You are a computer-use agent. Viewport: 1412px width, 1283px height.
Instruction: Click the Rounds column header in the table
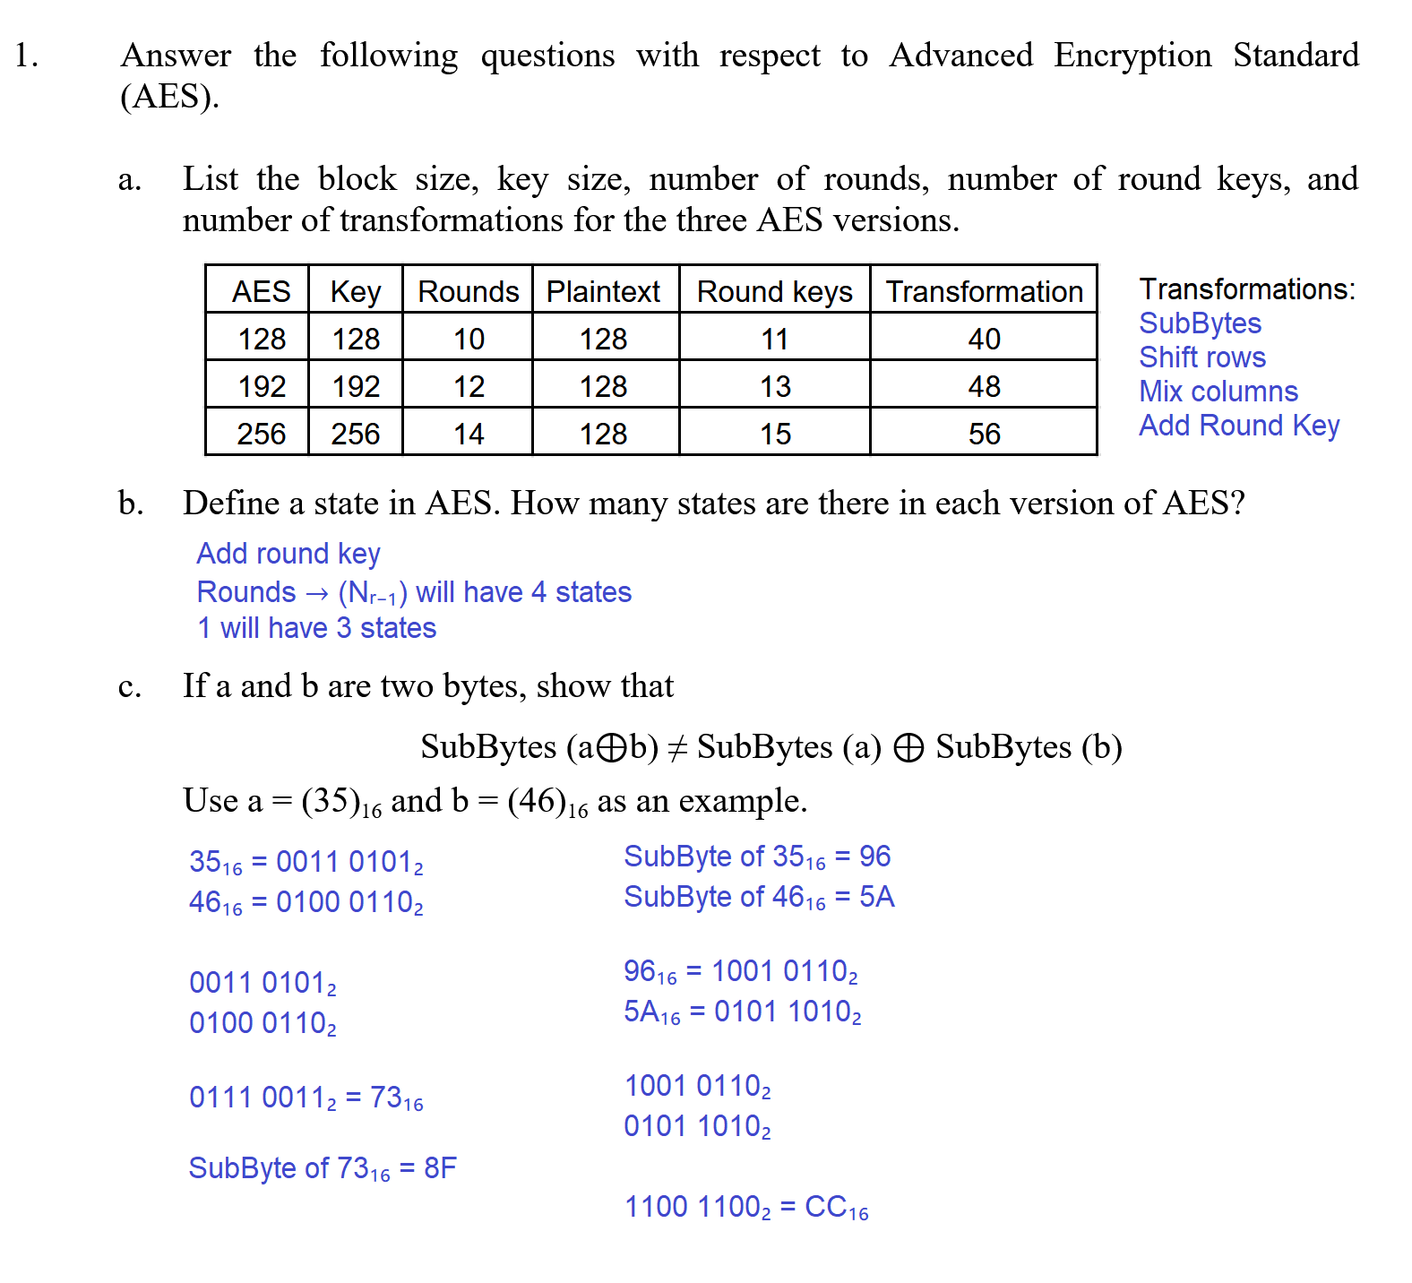[x=468, y=291]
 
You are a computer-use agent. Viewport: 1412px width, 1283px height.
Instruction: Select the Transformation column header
[x=984, y=291]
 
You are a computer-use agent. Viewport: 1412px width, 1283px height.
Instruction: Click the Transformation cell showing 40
[x=984, y=339]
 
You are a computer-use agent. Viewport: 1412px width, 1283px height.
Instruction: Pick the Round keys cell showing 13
[x=775, y=386]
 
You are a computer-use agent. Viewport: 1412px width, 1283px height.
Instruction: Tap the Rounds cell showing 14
[x=468, y=434]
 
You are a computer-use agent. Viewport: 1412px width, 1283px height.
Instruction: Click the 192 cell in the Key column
[x=356, y=386]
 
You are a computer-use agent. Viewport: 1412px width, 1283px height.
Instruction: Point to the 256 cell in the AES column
[x=261, y=434]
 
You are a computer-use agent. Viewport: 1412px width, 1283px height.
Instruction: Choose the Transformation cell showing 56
[x=984, y=434]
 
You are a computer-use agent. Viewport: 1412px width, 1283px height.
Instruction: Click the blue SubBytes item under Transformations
[x=1200, y=323]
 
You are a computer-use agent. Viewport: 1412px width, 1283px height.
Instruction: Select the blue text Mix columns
[x=1218, y=392]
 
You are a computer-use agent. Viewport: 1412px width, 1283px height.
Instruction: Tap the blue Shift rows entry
[x=1201, y=357]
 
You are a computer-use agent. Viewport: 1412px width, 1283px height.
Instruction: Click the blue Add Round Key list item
[x=1238, y=426]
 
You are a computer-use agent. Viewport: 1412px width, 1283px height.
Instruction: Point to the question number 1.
[x=26, y=56]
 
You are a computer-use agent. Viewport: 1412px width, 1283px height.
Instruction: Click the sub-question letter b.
[x=131, y=504]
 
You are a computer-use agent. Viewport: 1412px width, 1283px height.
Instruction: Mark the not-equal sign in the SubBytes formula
[x=677, y=747]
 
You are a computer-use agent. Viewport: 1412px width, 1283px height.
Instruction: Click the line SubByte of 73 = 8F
[x=323, y=1168]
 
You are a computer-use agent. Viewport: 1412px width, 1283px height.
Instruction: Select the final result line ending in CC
[x=745, y=1207]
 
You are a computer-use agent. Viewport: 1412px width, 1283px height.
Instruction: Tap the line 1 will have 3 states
[x=316, y=628]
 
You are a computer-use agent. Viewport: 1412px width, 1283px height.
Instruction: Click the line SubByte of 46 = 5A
[x=758, y=897]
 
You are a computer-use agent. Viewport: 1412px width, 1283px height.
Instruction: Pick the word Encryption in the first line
[x=1132, y=56]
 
